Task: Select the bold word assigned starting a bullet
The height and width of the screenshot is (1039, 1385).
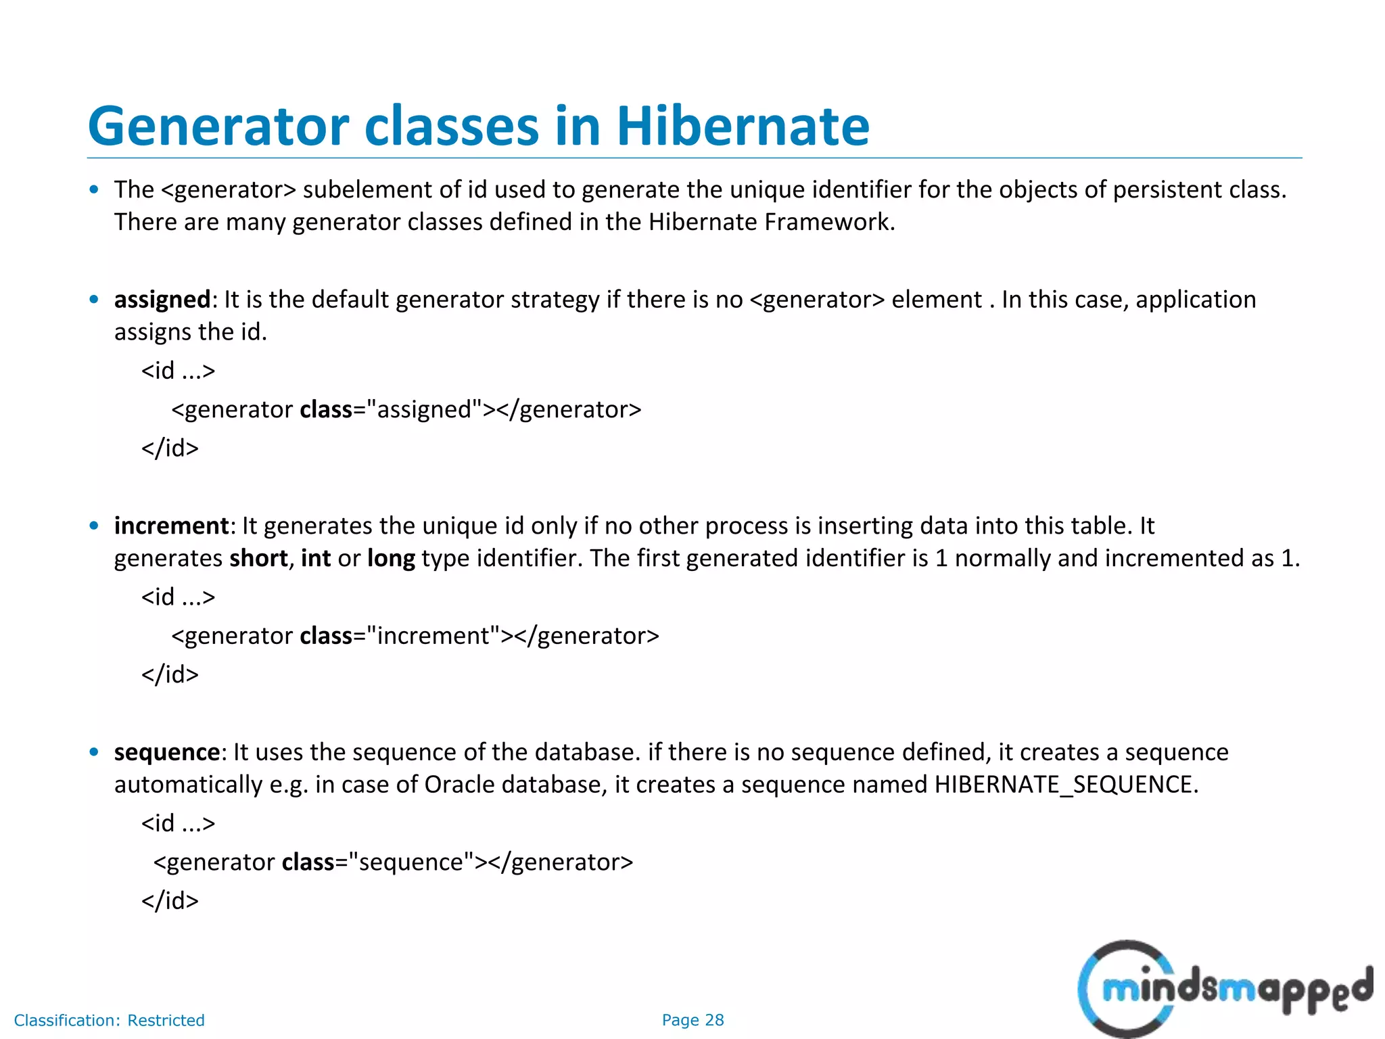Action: [x=162, y=300]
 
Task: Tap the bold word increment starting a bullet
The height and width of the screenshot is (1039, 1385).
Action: [x=172, y=526]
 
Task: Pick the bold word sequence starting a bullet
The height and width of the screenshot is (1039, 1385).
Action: [x=167, y=752]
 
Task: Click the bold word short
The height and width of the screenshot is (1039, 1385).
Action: [x=258, y=558]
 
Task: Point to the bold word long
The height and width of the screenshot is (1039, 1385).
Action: [x=391, y=558]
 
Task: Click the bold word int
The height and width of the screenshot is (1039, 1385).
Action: [x=316, y=558]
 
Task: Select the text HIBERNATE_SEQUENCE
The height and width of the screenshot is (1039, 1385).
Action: [x=1065, y=785]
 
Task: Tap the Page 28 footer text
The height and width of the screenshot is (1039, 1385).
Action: [x=692, y=1020]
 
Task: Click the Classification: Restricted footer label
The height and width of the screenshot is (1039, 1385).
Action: [x=109, y=1020]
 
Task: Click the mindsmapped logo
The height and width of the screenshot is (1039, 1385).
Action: [x=1224, y=989]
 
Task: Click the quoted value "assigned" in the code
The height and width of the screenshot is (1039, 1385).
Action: [x=424, y=409]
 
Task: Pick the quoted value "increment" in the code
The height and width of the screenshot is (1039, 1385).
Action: [x=433, y=636]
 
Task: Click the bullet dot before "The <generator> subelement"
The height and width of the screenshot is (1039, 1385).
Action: [x=94, y=189]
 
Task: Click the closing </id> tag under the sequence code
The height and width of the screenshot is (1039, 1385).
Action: [x=170, y=901]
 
